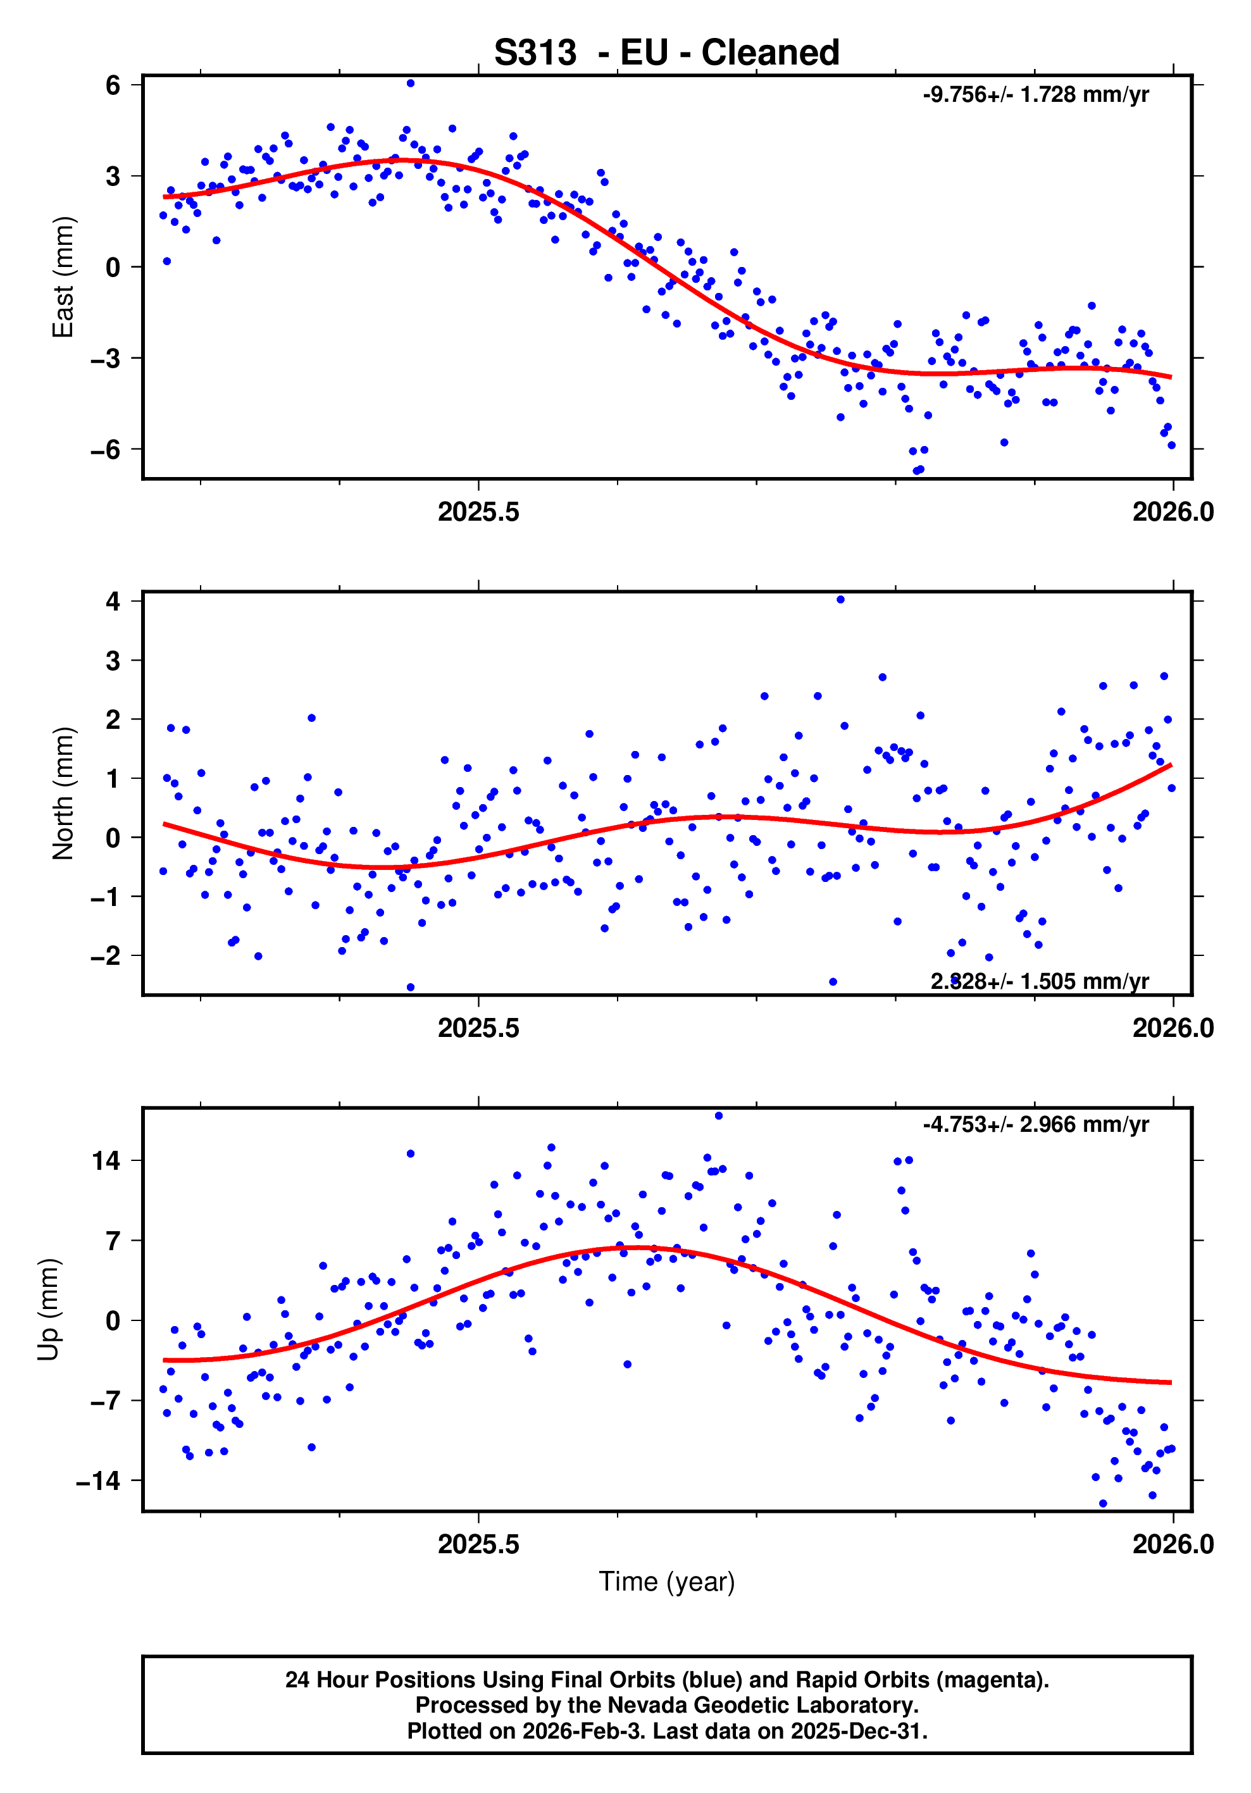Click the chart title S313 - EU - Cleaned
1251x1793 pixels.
(x=666, y=53)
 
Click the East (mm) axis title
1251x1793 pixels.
(x=63, y=277)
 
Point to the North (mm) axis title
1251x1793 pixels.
(x=63, y=793)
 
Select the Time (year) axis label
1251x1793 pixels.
(x=666, y=1580)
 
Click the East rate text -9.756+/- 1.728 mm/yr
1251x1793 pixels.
(x=1035, y=94)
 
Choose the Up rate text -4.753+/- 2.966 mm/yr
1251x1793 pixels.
(x=1035, y=1124)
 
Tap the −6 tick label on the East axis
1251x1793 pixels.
(x=106, y=450)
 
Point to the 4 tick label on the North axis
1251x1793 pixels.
(x=113, y=601)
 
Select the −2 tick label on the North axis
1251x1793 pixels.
(x=106, y=956)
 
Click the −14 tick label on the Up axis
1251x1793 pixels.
(x=98, y=1480)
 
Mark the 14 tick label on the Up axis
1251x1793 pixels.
(x=106, y=1160)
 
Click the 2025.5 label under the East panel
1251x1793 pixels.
(x=478, y=512)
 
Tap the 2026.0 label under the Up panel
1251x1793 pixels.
(x=1173, y=1544)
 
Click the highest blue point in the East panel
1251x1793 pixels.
(x=411, y=84)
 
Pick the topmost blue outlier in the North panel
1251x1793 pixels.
(x=840, y=600)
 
